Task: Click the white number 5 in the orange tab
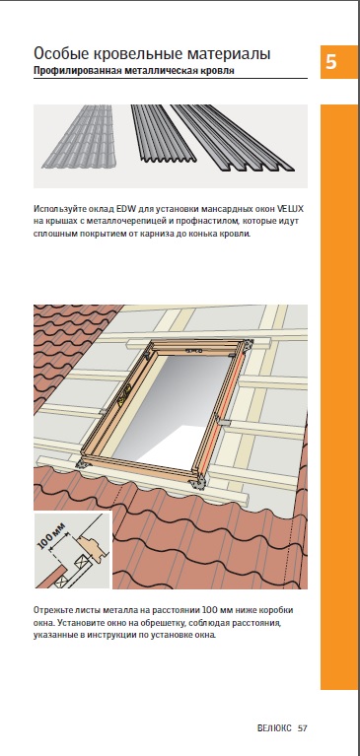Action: (331, 62)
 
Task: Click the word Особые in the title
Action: (58, 53)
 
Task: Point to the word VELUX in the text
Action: (292, 209)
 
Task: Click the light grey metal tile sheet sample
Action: (80, 136)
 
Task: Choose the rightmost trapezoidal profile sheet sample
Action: (233, 138)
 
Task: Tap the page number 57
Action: (303, 728)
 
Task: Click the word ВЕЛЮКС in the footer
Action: (274, 728)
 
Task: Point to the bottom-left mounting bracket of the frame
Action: (81, 463)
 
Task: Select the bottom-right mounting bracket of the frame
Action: (197, 482)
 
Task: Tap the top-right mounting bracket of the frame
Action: (249, 346)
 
